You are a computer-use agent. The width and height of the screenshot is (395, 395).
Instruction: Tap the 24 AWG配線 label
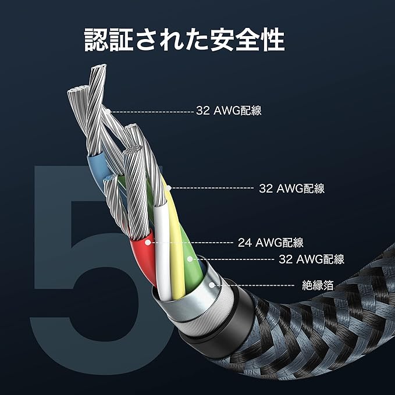coord(271,242)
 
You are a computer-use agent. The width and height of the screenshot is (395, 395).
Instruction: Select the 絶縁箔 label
coord(318,285)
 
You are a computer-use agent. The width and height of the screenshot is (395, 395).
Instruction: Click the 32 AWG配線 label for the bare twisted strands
coord(229,111)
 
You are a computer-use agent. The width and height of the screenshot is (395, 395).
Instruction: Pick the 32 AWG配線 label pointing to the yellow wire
coord(291,188)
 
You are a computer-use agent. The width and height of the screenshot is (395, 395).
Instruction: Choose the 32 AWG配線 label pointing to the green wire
coord(312,259)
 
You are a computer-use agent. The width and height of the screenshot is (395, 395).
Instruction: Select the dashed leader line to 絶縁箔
coord(256,285)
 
